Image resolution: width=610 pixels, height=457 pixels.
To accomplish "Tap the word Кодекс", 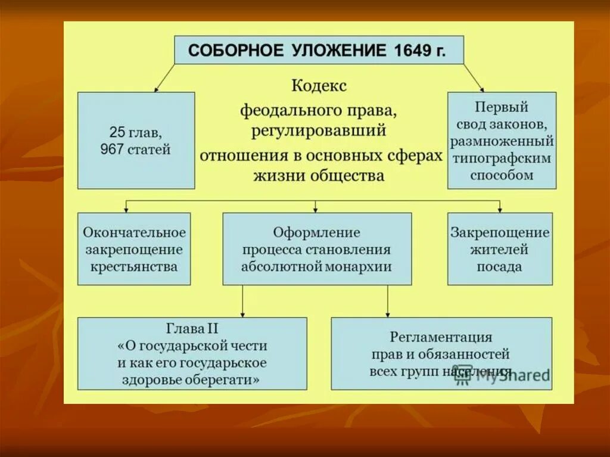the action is pos(319,86).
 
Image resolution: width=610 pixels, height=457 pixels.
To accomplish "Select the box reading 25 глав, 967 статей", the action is pos(136,141).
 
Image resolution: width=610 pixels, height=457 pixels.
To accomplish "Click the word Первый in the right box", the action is pos(502,108).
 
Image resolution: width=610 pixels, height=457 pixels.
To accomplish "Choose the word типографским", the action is pos(502,159).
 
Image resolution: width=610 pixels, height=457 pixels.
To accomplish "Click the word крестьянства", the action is pos(134,266).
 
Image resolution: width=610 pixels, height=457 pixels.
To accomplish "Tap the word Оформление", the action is pos(316,232).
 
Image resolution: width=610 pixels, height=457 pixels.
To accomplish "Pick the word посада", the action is pos(499,266).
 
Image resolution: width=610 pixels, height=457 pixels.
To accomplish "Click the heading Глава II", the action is pos(192,328).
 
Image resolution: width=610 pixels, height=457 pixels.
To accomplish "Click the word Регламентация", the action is pos(441,337).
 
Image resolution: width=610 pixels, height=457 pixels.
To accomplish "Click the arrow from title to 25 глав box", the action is pos(166,77).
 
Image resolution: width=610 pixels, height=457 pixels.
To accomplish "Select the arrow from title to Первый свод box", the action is pos(474,77).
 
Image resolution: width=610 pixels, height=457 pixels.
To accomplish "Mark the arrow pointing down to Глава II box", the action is pos(242,301).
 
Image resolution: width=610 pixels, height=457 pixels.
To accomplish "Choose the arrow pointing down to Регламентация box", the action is pos(387,301).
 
